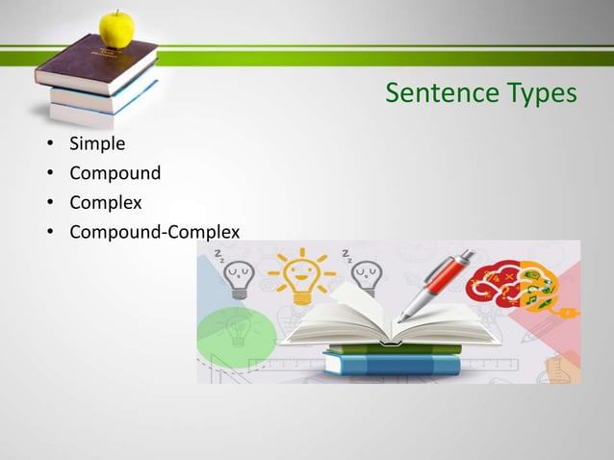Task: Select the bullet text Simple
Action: [97, 145]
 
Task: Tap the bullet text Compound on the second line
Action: [115, 174]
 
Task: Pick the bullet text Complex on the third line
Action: [106, 203]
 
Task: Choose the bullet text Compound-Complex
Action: [154, 231]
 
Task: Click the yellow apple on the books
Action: [117, 29]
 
